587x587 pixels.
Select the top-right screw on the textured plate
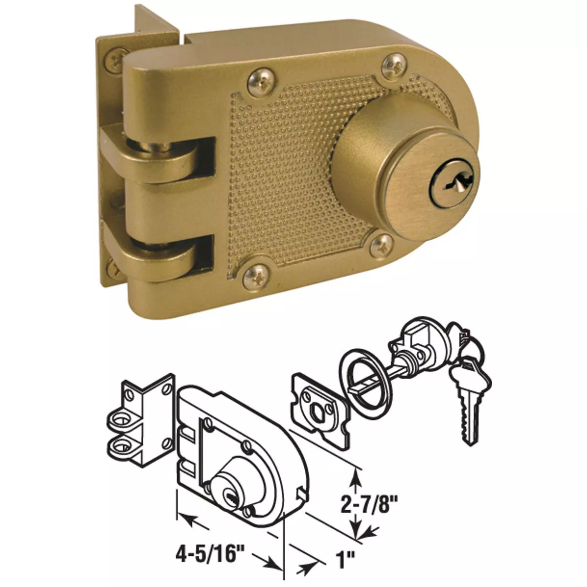point(393,64)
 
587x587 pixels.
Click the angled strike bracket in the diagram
point(142,416)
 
